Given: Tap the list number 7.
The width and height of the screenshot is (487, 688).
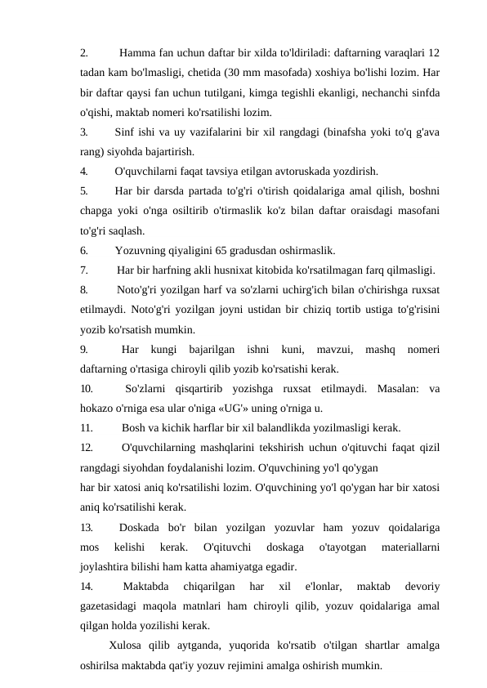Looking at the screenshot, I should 84,270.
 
